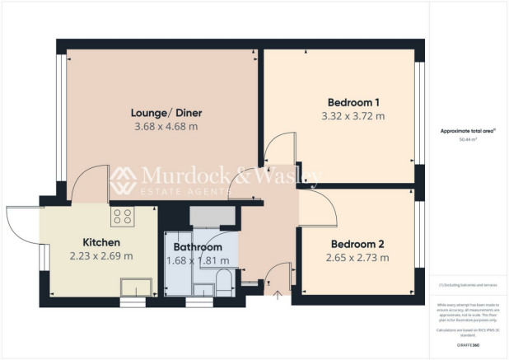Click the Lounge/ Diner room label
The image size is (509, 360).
coord(166,113)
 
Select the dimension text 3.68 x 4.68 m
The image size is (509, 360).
coord(166,127)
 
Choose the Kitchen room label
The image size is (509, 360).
coord(101,242)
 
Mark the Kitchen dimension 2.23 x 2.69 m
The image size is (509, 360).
coord(101,256)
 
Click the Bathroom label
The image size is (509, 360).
coord(198,247)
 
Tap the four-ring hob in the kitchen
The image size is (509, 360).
coord(123,217)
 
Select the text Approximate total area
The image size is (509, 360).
coord(468,131)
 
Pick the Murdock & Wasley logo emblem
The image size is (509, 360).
coord(124,180)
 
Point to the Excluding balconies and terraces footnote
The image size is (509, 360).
coord(468,284)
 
